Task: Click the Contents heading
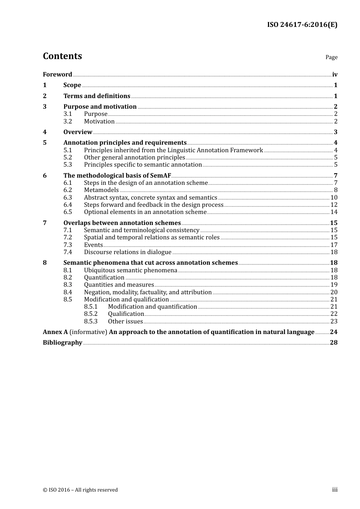click(62, 56)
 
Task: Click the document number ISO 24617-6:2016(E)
click(302, 25)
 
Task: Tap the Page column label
click(331, 57)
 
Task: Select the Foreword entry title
click(57, 74)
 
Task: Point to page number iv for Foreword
click(335, 74)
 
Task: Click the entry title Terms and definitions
click(97, 96)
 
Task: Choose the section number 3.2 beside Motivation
click(67, 121)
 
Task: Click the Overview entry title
click(78, 132)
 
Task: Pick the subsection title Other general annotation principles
click(135, 157)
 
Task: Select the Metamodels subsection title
click(101, 190)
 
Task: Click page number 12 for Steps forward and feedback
click(334, 205)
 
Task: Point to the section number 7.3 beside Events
click(67, 245)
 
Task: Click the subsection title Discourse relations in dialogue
click(128, 252)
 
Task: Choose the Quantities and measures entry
click(119, 284)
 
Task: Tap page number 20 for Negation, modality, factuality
click(334, 292)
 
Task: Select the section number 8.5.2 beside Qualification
click(91, 314)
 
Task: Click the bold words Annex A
click(55, 332)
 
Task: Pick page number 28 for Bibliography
click(333, 342)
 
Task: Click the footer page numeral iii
click(335, 490)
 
